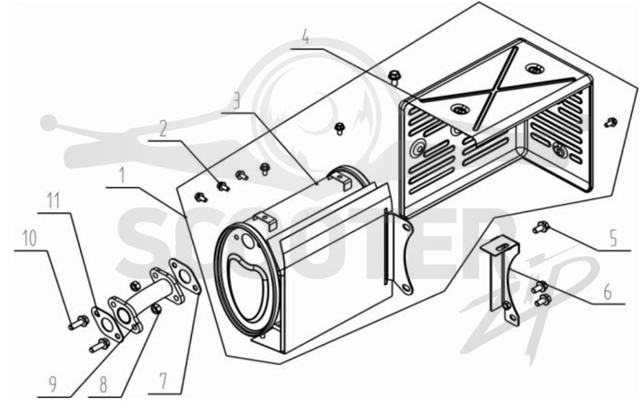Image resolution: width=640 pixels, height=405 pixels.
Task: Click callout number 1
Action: point(122,174)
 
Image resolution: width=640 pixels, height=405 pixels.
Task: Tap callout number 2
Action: point(163,129)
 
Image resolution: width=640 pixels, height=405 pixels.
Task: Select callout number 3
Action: point(235,100)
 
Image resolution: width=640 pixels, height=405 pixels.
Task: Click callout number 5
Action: point(613,239)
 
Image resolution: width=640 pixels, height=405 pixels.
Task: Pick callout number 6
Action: point(608,292)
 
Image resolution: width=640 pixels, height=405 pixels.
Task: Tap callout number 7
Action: point(163,382)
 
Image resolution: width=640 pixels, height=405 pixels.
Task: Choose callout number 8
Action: point(103,384)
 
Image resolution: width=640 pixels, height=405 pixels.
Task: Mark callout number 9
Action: point(53,384)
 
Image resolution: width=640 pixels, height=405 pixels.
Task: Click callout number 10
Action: point(30,238)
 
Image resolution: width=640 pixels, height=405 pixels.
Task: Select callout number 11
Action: point(53,200)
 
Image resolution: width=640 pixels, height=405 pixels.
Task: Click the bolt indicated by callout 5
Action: point(541,227)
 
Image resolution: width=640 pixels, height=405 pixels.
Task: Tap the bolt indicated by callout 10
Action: point(78,323)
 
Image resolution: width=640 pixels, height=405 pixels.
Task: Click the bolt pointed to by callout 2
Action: point(222,186)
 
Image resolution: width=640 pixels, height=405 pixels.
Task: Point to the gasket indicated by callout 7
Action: point(185,276)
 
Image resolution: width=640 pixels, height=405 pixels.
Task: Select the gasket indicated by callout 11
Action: point(106,323)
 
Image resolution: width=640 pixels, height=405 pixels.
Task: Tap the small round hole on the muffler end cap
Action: point(248,242)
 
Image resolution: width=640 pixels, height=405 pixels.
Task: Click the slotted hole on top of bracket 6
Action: point(503,247)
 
